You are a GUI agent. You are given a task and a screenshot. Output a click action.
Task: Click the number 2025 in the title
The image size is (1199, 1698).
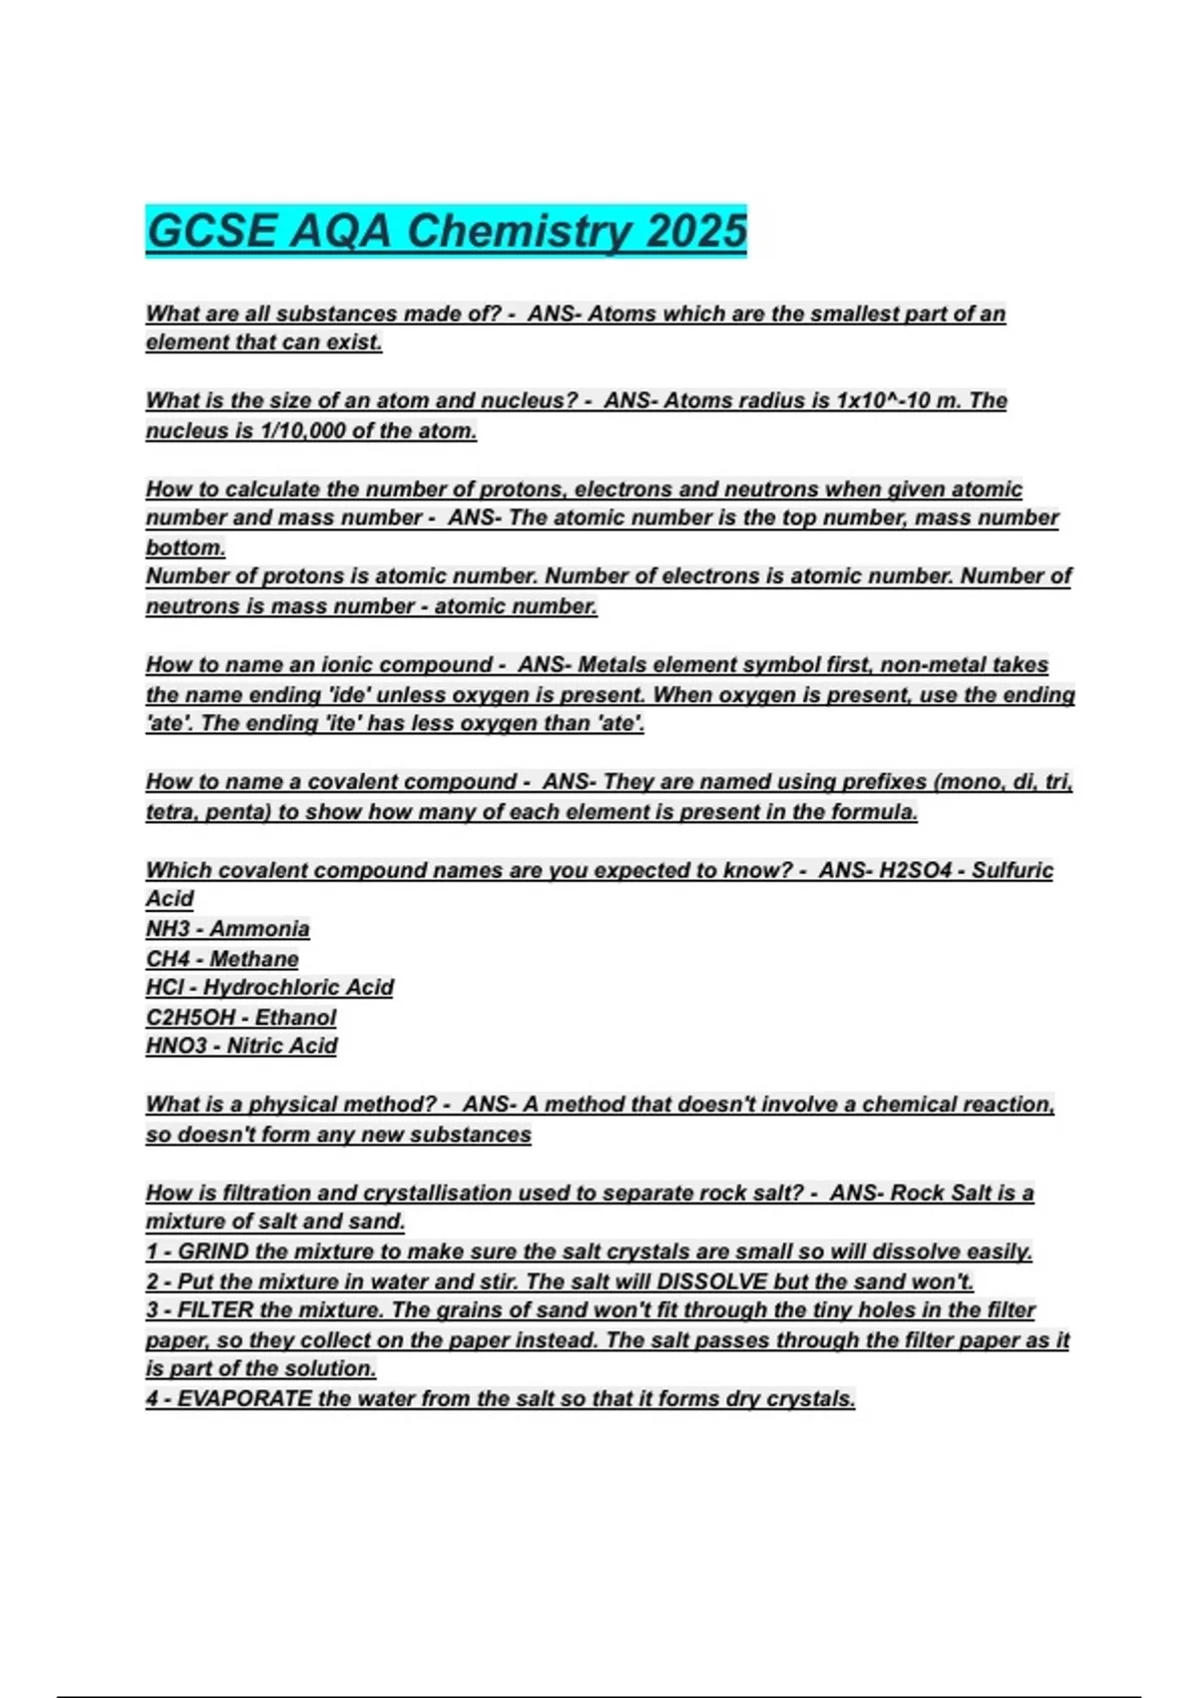pyautogui.click(x=696, y=232)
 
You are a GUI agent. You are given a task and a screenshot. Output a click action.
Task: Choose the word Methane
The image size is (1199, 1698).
pyautogui.click(x=254, y=959)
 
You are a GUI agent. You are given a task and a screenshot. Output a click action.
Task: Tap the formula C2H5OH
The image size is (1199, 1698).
pyautogui.click(x=191, y=1017)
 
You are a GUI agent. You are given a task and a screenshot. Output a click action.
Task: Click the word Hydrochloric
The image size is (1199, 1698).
pyautogui.click(x=259, y=988)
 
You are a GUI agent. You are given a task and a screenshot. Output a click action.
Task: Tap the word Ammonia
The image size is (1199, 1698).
pyautogui.click(x=260, y=929)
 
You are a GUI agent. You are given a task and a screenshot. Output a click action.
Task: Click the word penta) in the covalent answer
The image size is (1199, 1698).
pyautogui.click(x=239, y=812)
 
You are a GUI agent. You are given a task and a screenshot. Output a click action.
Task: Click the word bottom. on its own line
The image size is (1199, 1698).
pyautogui.click(x=186, y=547)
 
